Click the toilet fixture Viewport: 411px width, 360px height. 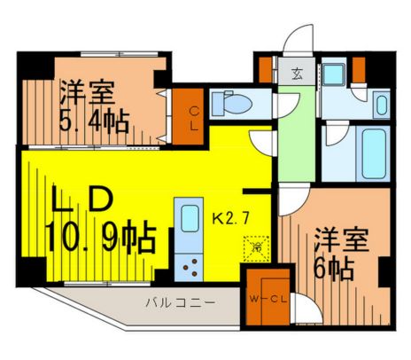pos(237,105)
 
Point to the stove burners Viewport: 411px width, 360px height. pos(190,261)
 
